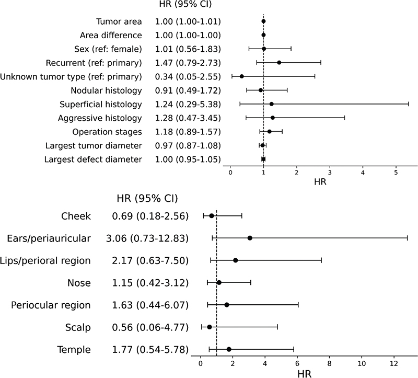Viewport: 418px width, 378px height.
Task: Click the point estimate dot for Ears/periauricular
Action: tap(250, 238)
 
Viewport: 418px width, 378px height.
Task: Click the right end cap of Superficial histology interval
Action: tap(409, 104)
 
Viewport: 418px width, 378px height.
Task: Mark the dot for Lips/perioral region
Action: tap(236, 260)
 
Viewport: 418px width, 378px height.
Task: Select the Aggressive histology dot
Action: tap(273, 118)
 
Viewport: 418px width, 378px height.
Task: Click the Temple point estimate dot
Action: tap(229, 349)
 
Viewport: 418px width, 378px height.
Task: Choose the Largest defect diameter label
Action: tap(94, 159)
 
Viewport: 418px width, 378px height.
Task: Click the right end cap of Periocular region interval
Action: tap(298, 305)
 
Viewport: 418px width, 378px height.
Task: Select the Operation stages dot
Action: tap(270, 131)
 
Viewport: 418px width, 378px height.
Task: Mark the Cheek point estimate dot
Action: tap(212, 215)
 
